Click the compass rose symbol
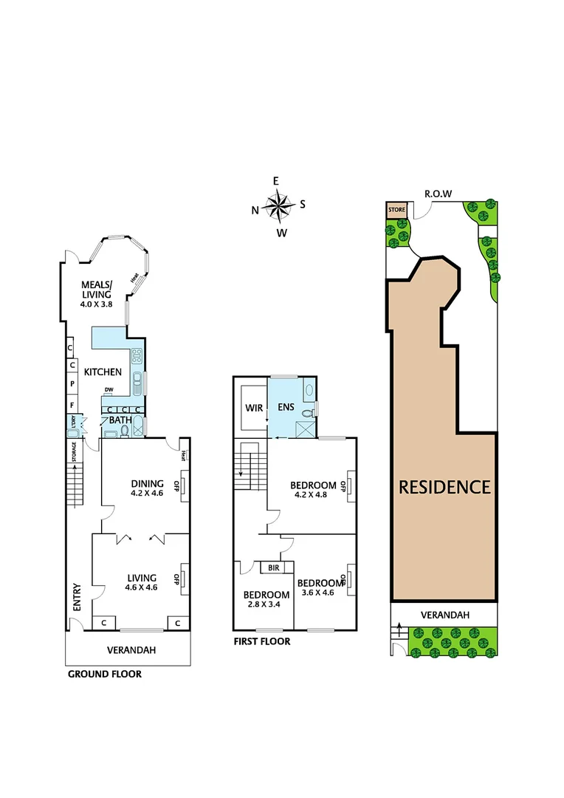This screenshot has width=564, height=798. click(278, 206)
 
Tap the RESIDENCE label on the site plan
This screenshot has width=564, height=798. click(444, 487)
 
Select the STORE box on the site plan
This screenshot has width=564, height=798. click(397, 210)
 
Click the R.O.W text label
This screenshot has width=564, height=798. click(438, 194)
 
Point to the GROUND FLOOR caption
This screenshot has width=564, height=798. click(104, 674)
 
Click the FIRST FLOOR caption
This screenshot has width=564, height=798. click(261, 641)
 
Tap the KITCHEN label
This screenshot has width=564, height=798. click(102, 372)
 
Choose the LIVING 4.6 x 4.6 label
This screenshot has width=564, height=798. click(141, 583)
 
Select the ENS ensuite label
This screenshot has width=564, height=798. click(286, 407)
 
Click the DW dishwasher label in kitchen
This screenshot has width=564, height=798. click(109, 390)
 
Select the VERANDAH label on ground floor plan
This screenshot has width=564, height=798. click(132, 649)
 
